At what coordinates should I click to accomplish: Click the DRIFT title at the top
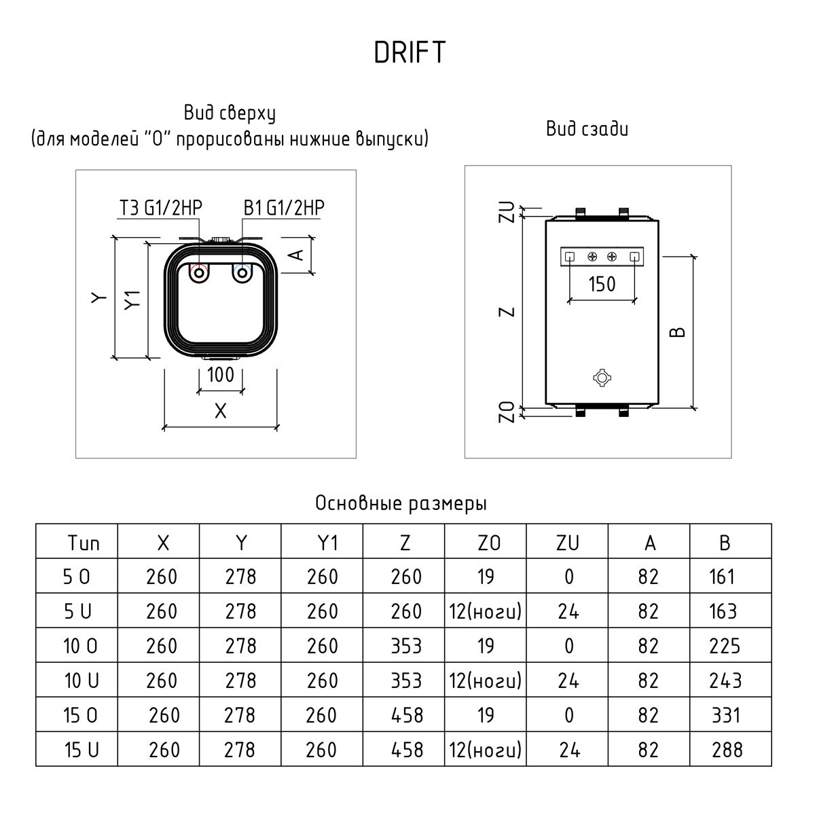[410, 53]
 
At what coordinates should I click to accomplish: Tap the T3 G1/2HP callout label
[161, 208]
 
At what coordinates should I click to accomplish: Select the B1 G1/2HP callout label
[284, 208]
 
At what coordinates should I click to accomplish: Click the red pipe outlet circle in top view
[199, 273]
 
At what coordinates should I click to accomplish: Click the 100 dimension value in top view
[220, 374]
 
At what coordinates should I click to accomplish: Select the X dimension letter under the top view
[219, 411]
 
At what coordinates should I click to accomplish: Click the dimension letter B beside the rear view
[678, 332]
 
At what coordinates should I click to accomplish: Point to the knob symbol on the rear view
[601, 378]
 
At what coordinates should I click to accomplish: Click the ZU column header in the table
[568, 543]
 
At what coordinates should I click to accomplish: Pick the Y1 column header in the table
[322, 543]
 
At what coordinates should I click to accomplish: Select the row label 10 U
[81, 681]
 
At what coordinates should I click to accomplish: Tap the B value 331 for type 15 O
[726, 715]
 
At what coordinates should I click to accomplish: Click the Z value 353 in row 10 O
[406, 646]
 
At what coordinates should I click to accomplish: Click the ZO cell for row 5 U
[485, 611]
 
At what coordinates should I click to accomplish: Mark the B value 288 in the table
[727, 750]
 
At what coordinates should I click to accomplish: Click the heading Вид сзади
[587, 128]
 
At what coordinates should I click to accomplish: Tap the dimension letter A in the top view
[295, 255]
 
